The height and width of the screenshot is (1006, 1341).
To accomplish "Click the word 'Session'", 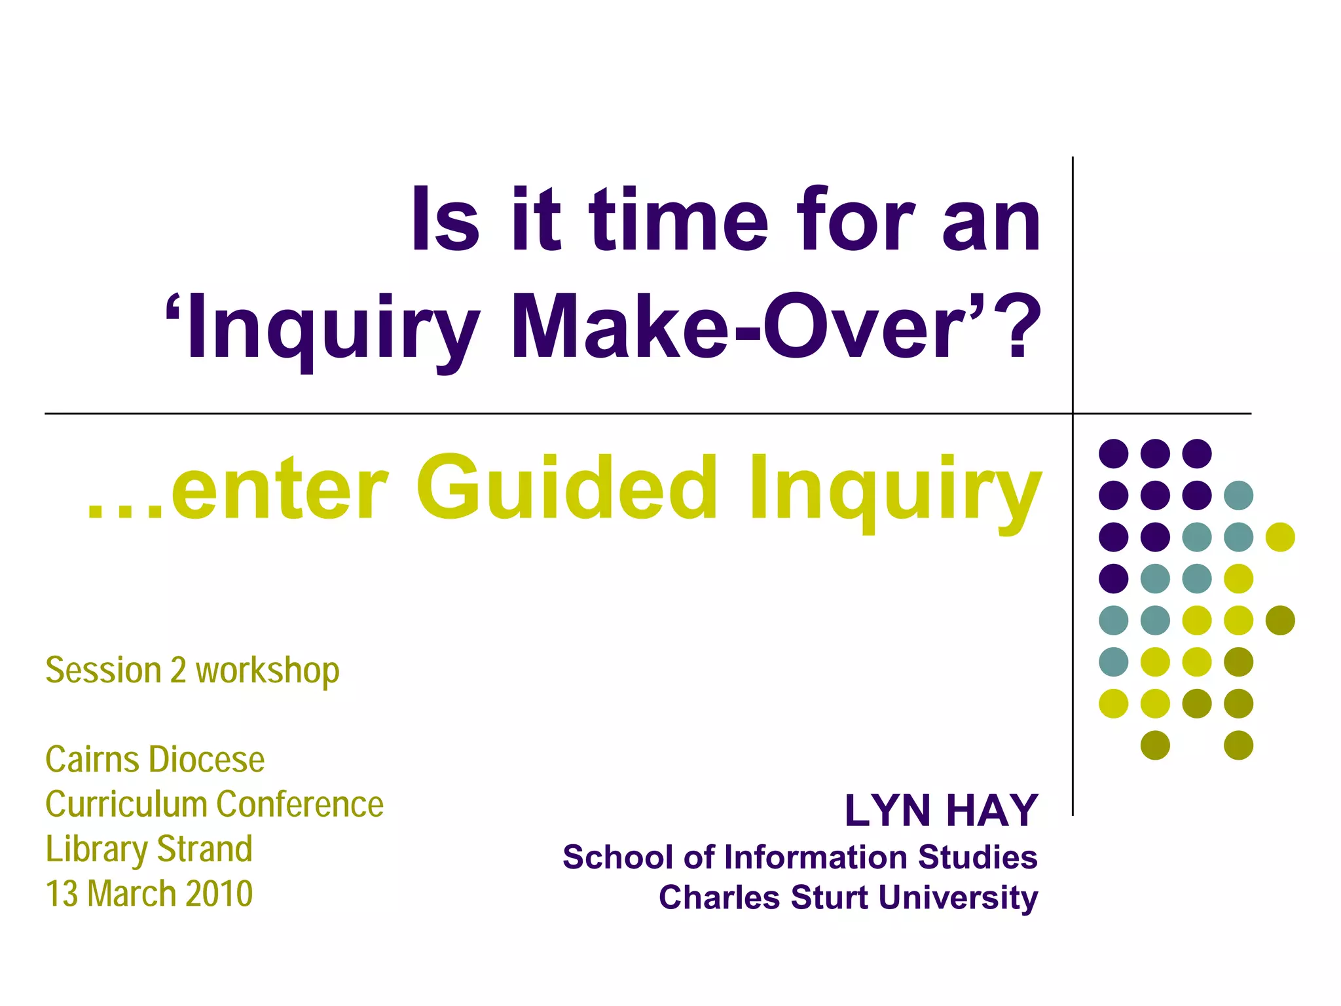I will point(103,671).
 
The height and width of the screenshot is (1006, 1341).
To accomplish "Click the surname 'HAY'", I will point(991,811).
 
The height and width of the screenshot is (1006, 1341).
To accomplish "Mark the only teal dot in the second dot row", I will point(1238,495).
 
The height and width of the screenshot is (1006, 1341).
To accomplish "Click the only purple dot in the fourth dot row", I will point(1113,578).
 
